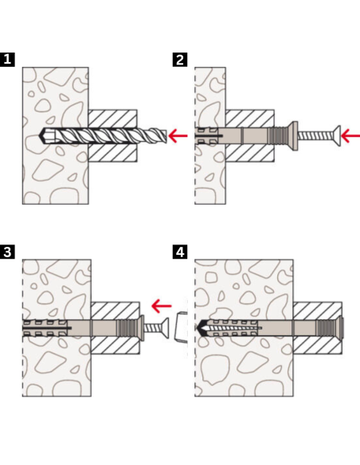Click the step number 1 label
point(7,60)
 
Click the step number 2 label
point(180,60)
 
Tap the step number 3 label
point(7,252)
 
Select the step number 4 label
point(180,252)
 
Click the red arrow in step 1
point(178,136)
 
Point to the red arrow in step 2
point(350,136)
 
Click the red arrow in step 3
point(162,306)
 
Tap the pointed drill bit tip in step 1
point(40,136)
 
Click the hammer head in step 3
point(181,327)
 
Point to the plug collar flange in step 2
point(295,136)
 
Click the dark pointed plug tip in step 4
point(201,328)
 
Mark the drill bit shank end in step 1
point(164,136)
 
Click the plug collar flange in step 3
point(143,328)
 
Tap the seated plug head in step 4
point(342,328)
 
